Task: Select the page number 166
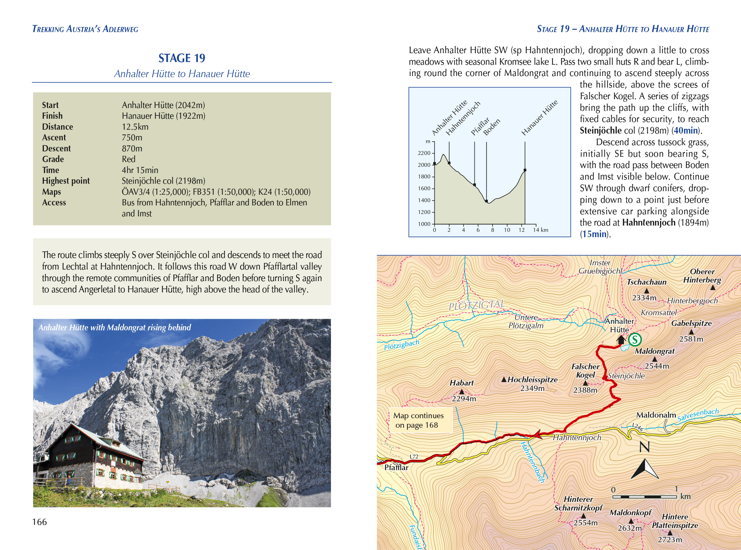[39, 522]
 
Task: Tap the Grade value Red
[128, 159]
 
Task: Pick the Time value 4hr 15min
[140, 170]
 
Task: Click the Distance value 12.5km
[135, 127]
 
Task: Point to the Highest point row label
[66, 181]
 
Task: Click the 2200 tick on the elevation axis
[424, 153]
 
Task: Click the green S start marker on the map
[635, 340]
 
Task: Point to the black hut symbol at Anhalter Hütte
[621, 340]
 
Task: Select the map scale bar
[644, 497]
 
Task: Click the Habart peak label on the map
[461, 383]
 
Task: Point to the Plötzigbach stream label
[401, 345]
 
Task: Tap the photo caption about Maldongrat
[115, 328]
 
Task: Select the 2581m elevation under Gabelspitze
[691, 339]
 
